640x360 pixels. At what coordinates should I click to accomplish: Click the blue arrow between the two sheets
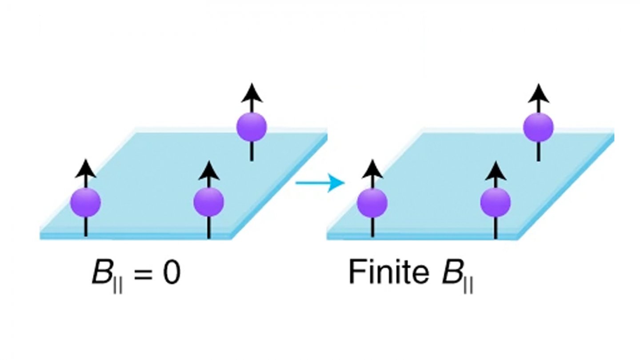tap(320, 183)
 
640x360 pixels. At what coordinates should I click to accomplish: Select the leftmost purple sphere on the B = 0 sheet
tap(86, 202)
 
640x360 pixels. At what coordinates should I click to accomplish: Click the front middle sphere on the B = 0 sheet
tap(208, 202)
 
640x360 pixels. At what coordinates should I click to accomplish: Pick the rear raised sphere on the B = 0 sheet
tap(251, 127)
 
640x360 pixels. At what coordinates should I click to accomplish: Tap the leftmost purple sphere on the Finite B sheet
tap(372, 202)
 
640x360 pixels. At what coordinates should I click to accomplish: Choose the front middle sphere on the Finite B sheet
tap(495, 202)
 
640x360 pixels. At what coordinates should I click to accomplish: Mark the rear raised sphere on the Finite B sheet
tap(538, 127)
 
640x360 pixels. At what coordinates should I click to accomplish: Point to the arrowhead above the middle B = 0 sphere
tap(208, 169)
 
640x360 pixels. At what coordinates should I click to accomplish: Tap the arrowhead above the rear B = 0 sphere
tap(251, 92)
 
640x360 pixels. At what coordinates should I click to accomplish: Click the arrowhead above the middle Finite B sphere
tap(495, 169)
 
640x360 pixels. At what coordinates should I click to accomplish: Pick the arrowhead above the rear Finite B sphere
tap(538, 92)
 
